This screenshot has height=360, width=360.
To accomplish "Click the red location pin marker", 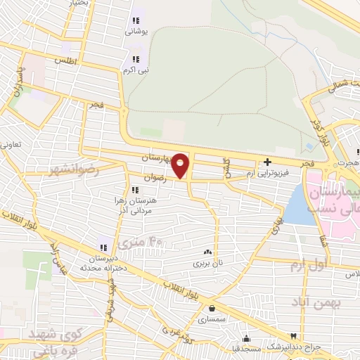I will point(181,165).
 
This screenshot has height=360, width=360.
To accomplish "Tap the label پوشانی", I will point(136,32).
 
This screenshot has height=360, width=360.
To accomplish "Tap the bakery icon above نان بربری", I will point(207,252).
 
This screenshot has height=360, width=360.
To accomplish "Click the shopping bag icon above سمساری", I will point(212,307).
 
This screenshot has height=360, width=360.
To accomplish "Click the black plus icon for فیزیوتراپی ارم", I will point(267,162).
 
